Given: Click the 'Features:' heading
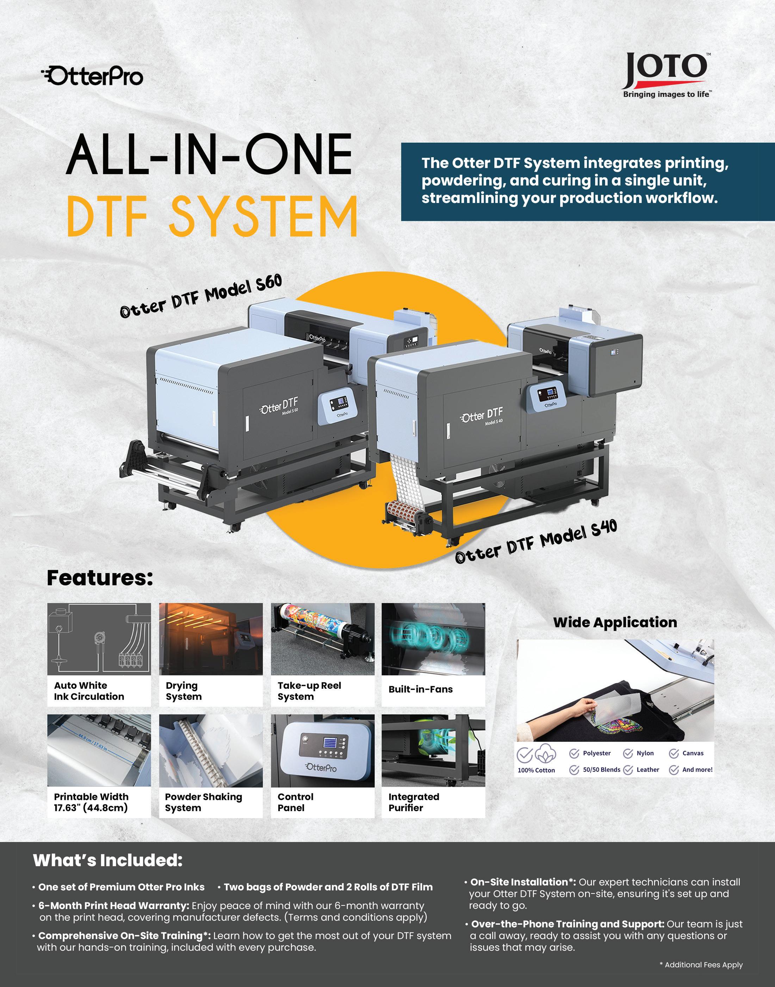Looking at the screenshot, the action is [100, 578].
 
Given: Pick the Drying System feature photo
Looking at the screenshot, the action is [211, 639].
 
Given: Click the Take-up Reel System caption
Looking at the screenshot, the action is [309, 691].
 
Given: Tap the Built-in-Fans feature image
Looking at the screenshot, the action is [433, 639].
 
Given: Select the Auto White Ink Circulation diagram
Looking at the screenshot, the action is [99, 639].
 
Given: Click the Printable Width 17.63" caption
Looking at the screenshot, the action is [91, 802].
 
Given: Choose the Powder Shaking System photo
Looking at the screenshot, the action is [211, 750].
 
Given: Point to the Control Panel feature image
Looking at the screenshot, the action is [322, 750].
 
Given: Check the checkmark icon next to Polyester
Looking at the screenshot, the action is [574, 753].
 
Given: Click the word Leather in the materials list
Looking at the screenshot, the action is [647, 770].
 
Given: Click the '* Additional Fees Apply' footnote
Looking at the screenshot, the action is [701, 965].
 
